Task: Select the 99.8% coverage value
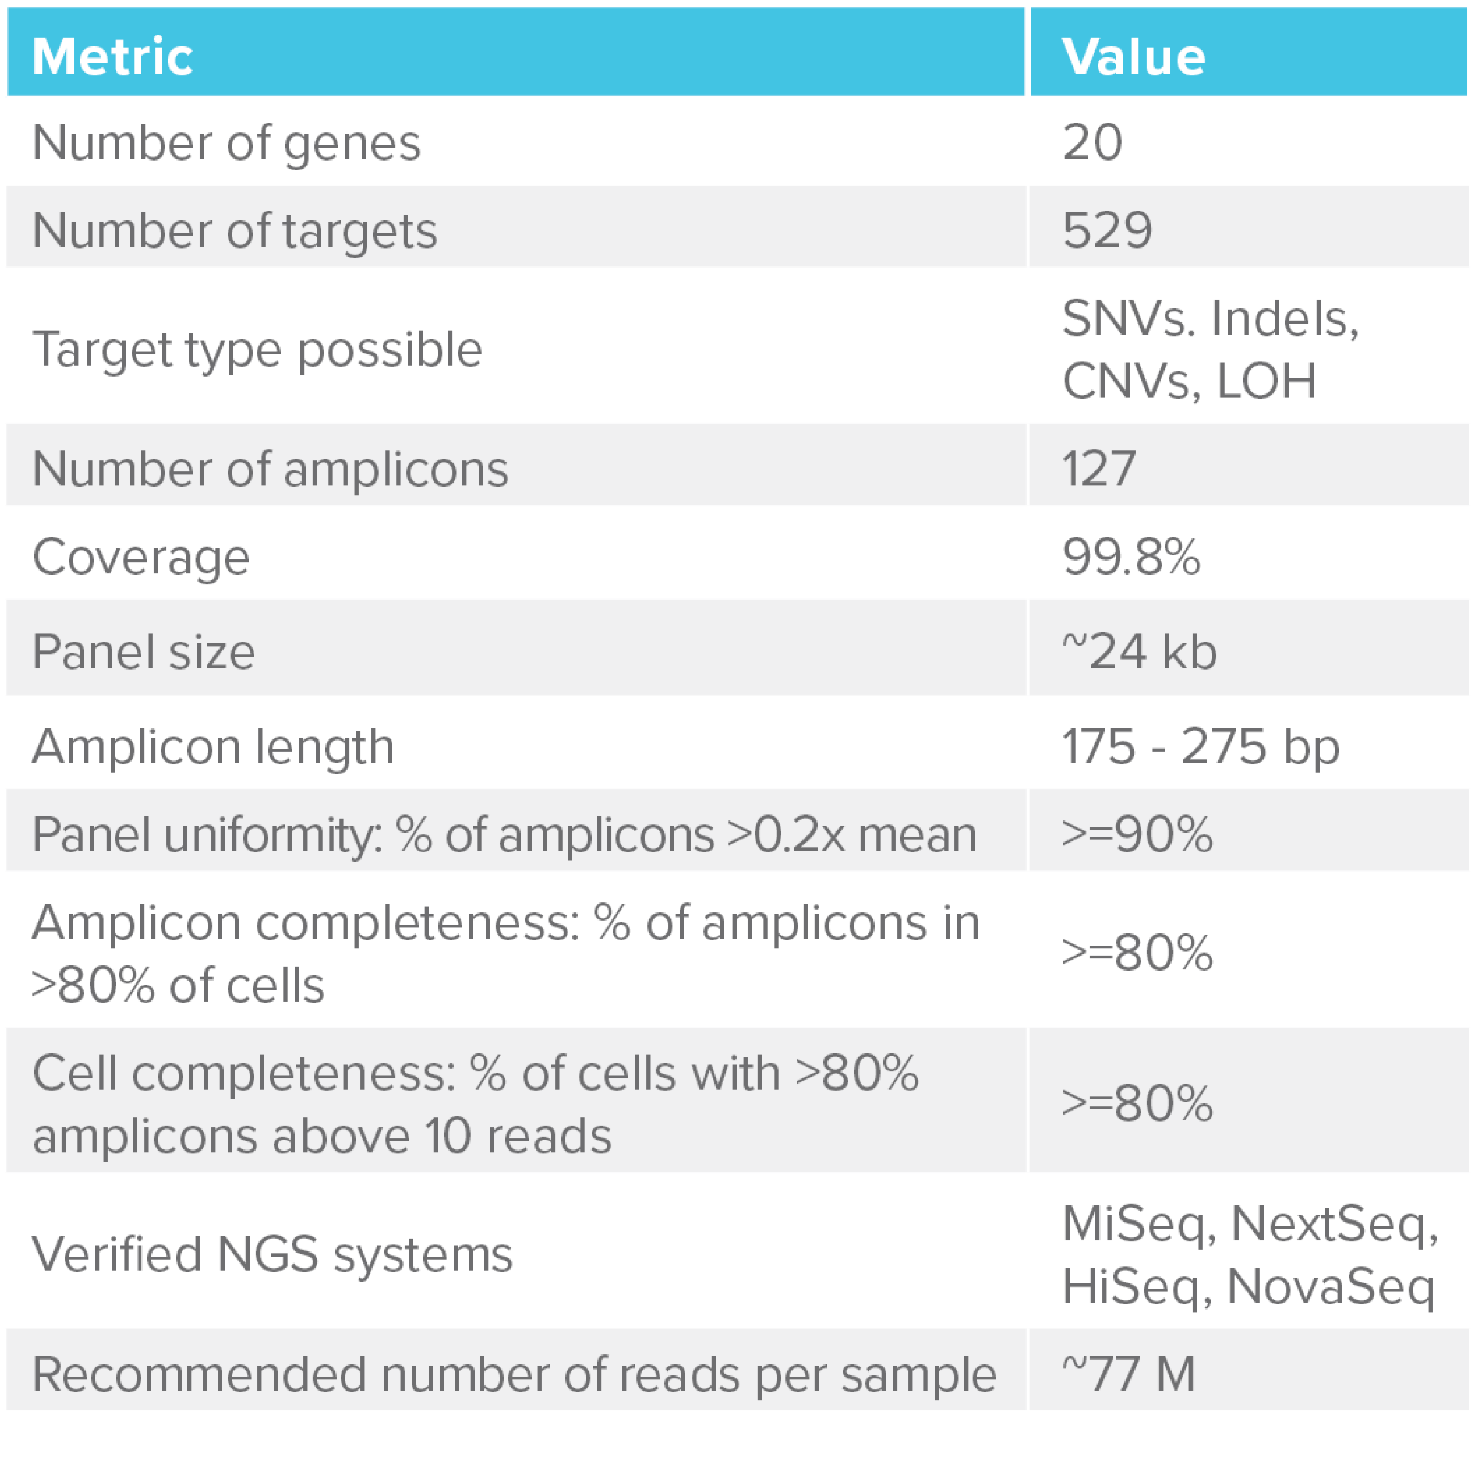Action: pos(1131,556)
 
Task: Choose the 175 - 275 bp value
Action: pos(1200,746)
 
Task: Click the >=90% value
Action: pos(1136,834)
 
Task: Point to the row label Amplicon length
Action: pos(213,746)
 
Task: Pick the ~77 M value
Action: pos(1128,1374)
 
